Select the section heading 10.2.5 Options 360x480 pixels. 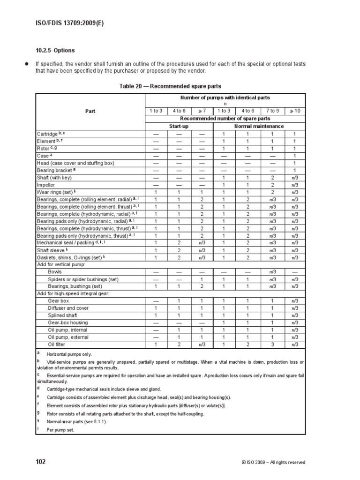pos(55,50)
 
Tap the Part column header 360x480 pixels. pos(90,112)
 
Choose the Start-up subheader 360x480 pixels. pos(179,126)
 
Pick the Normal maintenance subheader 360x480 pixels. pos(258,126)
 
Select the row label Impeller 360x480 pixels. pos(46,185)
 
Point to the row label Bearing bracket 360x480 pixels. pos(54,170)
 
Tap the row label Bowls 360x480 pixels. pos(55,272)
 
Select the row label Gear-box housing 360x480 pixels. pos(67,322)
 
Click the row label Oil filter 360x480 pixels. pos(57,345)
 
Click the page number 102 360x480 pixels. pos(41,462)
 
